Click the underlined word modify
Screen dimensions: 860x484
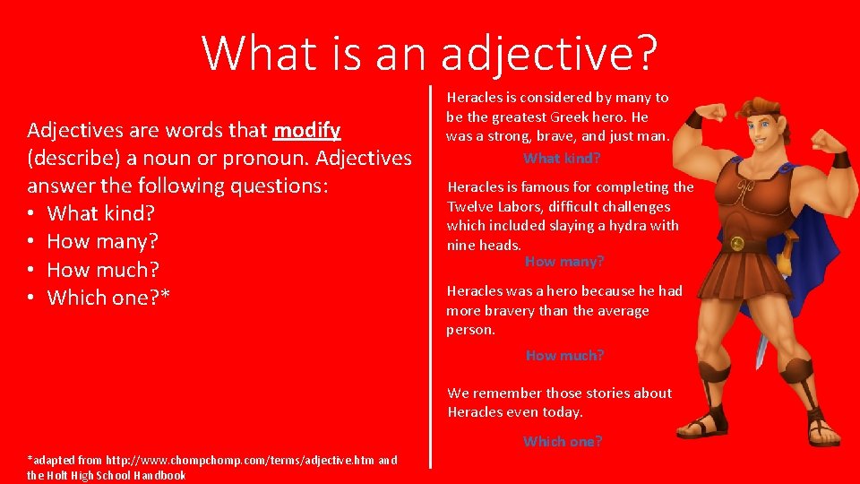point(306,131)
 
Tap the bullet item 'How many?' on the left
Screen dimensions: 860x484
point(102,241)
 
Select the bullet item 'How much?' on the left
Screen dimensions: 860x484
point(103,270)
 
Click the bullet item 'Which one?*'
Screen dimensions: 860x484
point(108,298)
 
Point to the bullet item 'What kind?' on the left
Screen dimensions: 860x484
point(101,213)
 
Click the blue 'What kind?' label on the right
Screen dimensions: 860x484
point(562,158)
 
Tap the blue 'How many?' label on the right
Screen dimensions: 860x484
point(564,261)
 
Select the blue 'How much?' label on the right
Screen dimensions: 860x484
point(564,355)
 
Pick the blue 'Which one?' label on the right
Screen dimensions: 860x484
point(563,441)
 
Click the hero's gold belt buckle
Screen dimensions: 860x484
point(737,244)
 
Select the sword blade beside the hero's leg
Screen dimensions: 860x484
point(761,348)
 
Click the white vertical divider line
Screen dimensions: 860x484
point(431,277)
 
